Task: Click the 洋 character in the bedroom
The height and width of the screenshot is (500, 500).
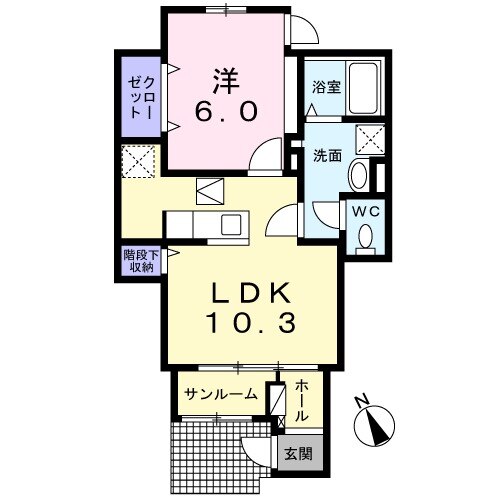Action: [224, 78]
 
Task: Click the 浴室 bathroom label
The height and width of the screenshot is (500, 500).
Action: [327, 87]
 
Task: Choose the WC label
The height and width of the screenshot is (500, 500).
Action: [363, 211]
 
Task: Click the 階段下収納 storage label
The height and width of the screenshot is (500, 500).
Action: [139, 261]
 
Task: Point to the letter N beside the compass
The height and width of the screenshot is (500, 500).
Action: [363, 405]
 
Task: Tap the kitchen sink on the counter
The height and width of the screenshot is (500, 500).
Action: [230, 223]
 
